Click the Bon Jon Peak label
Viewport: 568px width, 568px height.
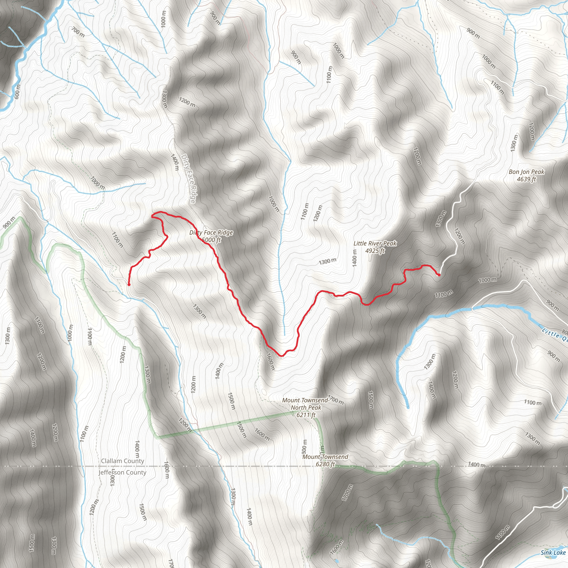526,172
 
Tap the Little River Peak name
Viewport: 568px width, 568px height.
375,244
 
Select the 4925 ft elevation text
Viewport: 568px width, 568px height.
375,251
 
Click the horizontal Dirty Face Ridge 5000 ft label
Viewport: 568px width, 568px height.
211,236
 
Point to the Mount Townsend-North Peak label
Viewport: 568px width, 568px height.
306,404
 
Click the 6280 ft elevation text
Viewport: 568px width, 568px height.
325,464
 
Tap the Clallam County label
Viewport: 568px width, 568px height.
123,461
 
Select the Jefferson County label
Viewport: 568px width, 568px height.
122,472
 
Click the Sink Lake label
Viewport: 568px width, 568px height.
553,552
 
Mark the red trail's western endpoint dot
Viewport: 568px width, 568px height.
129,285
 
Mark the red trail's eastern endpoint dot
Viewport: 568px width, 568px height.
439,275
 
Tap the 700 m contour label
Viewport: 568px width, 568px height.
78,32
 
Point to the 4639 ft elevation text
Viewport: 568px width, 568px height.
526,179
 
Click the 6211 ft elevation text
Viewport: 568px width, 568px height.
306,415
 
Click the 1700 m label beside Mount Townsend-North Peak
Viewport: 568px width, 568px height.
336,400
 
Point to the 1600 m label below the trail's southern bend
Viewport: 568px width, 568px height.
270,361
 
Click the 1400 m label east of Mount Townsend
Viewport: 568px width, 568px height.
476,465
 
